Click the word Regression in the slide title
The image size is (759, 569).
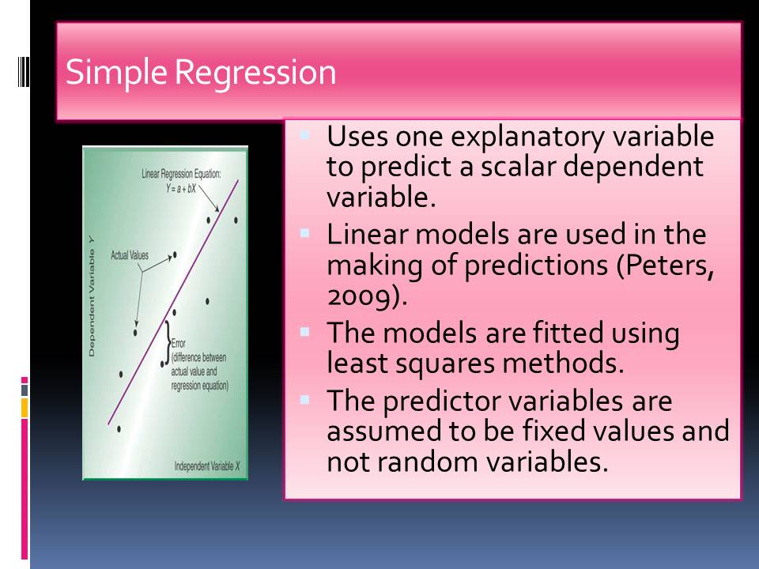click(255, 73)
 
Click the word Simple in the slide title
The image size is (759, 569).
click(117, 73)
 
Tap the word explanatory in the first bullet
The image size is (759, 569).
click(527, 138)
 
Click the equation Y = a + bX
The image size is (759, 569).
click(181, 189)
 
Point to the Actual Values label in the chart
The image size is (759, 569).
click(130, 255)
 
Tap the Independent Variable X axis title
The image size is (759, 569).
click(206, 466)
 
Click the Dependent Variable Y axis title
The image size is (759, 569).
click(92, 297)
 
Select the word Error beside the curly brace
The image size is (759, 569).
click(178, 343)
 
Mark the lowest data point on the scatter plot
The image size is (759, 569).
click(119, 428)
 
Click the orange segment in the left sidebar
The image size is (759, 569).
click(25, 408)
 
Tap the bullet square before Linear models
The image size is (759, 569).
click(304, 233)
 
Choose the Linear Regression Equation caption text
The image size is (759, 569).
click(181, 174)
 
